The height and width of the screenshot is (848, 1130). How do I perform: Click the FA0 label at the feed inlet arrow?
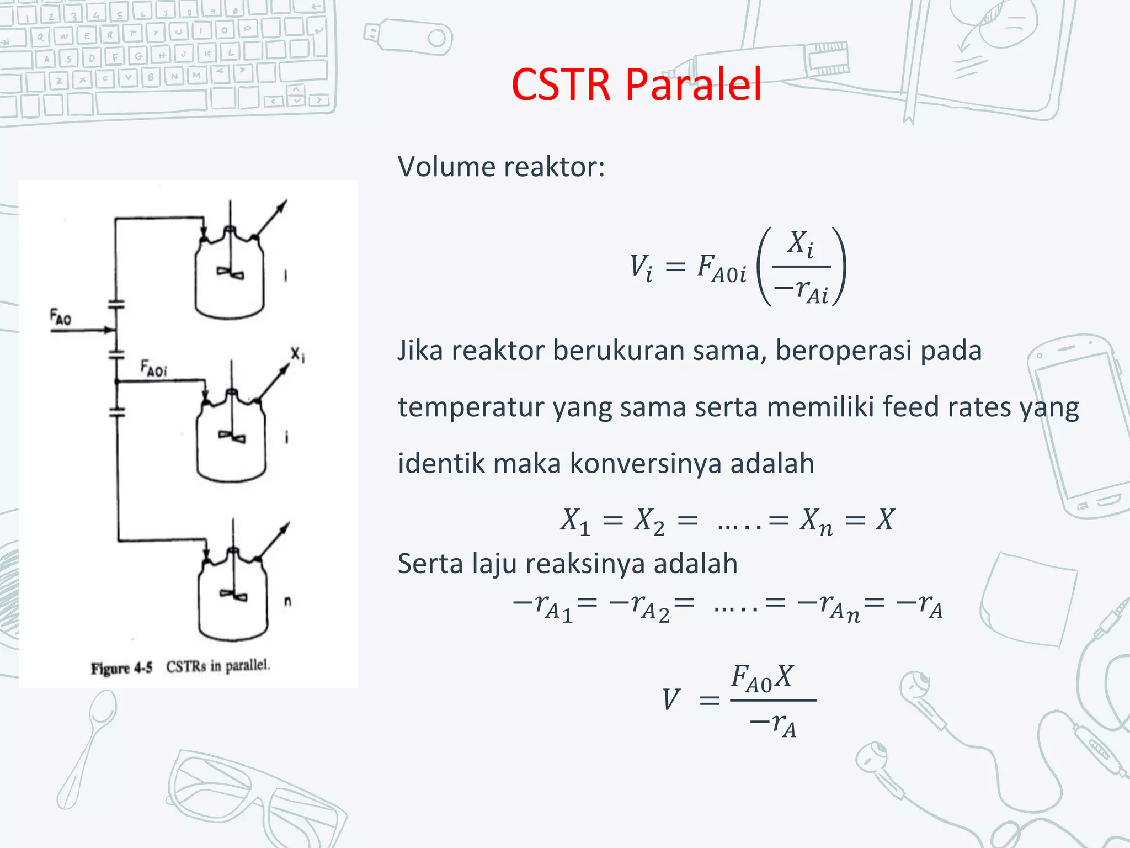[x=61, y=317]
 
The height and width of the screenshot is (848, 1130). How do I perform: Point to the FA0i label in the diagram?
[x=153, y=368]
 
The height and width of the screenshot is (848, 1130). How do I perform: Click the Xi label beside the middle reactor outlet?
[x=297, y=354]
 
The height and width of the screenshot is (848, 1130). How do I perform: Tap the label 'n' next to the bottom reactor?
[x=287, y=601]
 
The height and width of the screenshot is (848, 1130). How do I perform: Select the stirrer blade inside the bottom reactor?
[x=234, y=595]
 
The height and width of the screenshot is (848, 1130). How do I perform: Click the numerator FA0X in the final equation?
[x=761, y=678]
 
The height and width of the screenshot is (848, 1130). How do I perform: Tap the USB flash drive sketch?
[x=408, y=36]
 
